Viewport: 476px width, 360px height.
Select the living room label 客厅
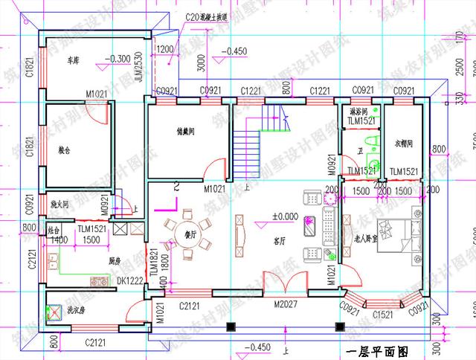pos(279,240)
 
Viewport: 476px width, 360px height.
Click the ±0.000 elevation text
pos(284,216)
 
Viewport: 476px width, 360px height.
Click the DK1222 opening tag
pos(131,280)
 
